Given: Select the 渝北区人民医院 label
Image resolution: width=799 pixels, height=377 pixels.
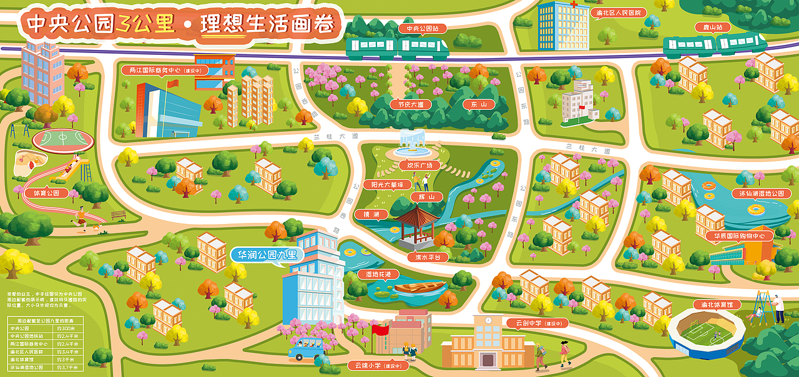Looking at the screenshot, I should [616, 12].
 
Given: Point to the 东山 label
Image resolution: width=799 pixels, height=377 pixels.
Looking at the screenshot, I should [479, 105].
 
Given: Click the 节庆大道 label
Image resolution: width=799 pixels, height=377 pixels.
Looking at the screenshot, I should [411, 105].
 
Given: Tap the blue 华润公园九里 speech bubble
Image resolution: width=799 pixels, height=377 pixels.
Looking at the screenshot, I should [267, 255].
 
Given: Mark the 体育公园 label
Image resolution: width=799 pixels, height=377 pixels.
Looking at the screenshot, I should [46, 193].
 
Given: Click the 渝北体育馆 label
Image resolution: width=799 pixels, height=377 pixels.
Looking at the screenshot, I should [712, 305].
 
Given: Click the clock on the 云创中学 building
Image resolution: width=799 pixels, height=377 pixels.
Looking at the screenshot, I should [488, 320].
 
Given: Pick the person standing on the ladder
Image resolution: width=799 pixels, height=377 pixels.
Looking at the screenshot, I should [778, 308].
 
